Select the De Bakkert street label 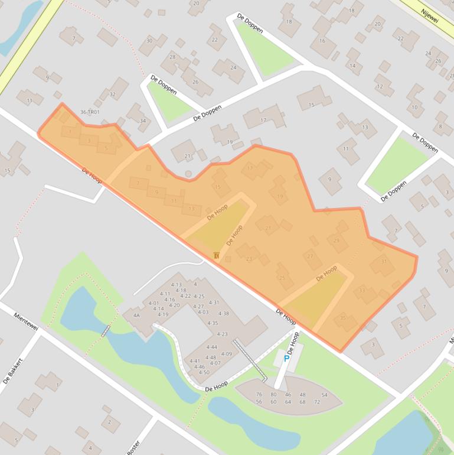(x=12, y=371)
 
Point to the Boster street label (x=133, y=446)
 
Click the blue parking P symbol (x=287, y=358)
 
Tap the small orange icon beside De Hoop (x=217, y=255)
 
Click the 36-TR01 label (x=90, y=112)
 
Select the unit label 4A (x=136, y=316)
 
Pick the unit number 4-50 (x=204, y=372)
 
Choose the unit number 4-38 (x=223, y=313)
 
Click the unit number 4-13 (x=176, y=285)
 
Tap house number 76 (x=259, y=394)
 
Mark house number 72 (x=317, y=402)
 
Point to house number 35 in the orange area (x=343, y=318)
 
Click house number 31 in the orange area (x=384, y=262)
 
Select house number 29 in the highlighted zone (x=337, y=240)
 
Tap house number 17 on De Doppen (x=263, y=121)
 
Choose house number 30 (x=149, y=41)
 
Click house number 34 (x=142, y=121)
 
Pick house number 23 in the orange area (x=249, y=259)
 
